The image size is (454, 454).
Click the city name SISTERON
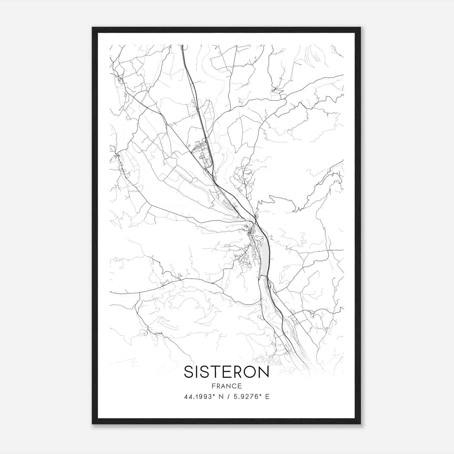(226, 372)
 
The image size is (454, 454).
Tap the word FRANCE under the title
(226, 386)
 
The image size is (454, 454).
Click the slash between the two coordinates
(228, 397)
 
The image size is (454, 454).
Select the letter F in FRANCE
(213, 386)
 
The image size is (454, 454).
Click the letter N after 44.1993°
(221, 397)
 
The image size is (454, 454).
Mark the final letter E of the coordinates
(267, 397)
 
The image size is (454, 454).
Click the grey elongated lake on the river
(264, 253)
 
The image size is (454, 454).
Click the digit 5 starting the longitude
(235, 397)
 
